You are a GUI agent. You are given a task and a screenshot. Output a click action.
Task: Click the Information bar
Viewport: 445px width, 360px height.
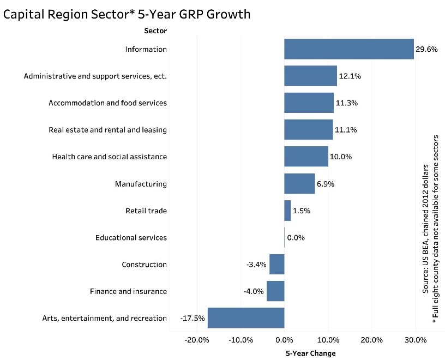click(x=349, y=49)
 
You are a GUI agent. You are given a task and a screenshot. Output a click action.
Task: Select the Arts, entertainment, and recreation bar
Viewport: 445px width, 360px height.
click(x=246, y=318)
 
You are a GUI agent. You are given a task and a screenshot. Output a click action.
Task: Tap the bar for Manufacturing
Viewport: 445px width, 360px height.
click(x=299, y=184)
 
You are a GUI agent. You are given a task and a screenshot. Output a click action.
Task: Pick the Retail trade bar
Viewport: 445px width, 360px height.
click(x=287, y=211)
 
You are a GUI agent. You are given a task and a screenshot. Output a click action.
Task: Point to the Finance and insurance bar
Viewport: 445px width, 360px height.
click(x=275, y=291)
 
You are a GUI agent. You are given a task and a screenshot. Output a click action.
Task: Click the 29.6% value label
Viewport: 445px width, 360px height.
click(x=426, y=49)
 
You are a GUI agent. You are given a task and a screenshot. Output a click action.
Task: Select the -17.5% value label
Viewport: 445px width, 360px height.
click(x=192, y=318)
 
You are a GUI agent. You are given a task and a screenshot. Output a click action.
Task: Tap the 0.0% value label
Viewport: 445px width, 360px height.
click(x=296, y=238)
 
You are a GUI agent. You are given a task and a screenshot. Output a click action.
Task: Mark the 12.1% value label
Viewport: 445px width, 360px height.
click(x=350, y=76)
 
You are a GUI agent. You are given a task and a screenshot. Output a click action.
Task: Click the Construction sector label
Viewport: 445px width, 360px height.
click(x=144, y=265)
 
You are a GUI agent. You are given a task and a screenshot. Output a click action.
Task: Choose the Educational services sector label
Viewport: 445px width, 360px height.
click(x=131, y=238)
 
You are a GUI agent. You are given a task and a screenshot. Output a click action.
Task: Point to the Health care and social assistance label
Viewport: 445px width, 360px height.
click(x=109, y=157)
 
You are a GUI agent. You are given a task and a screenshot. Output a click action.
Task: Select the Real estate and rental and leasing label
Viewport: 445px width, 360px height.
click(x=107, y=130)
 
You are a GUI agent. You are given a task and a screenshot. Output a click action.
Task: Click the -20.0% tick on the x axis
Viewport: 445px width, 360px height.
click(x=197, y=340)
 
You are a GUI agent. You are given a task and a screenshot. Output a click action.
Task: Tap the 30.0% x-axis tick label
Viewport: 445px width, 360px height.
click(x=415, y=340)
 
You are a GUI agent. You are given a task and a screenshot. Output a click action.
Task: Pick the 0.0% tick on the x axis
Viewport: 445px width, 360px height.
click(x=284, y=340)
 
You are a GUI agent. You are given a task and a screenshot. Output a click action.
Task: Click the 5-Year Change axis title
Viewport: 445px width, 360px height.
click(x=311, y=353)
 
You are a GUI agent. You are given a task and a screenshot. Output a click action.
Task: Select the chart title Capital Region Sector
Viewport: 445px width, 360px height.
click(x=127, y=14)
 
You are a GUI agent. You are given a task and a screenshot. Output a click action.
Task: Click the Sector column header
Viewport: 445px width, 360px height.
click(x=155, y=31)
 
